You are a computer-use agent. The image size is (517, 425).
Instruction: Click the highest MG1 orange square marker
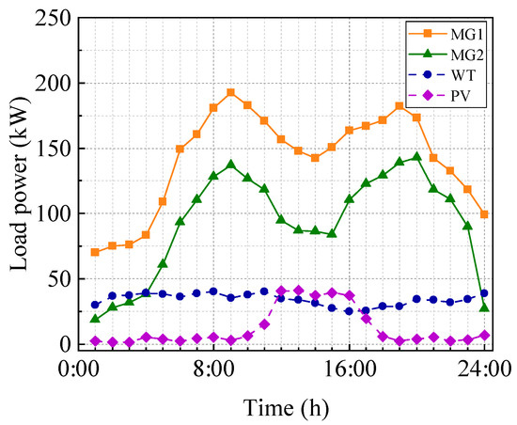pos(230,93)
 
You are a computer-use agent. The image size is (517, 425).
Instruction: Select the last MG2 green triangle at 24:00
pos(484,307)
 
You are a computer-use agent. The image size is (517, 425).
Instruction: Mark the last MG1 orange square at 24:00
pos(484,214)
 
